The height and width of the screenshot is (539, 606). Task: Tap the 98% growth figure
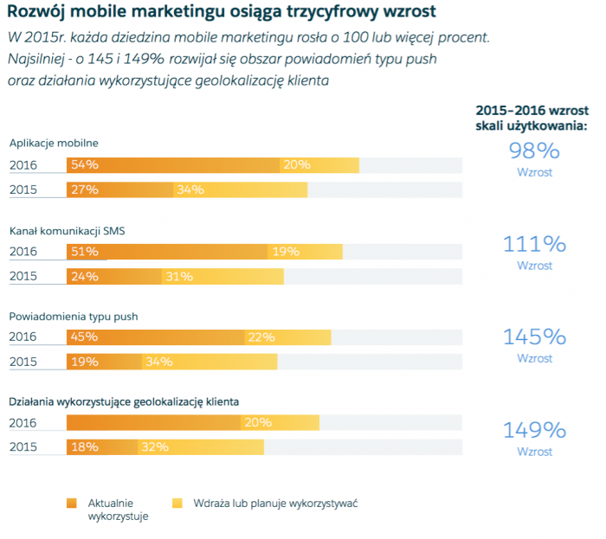pos(534,151)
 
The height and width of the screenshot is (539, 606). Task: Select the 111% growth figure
pos(534,244)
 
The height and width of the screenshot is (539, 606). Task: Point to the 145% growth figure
pos(534,337)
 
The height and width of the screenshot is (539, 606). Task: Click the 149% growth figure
pos(534,430)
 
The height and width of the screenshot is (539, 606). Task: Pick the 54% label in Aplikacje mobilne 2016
pos(85,164)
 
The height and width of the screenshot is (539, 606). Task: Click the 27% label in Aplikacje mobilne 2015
pos(85,189)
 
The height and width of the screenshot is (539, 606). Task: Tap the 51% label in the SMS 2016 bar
pos(85,252)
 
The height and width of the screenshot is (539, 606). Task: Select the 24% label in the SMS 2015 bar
pos(85,277)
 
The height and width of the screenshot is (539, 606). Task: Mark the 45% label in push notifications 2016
pos(85,337)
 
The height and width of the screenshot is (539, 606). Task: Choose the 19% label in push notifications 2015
pos(85,362)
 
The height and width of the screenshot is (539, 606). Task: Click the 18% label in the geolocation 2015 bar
pos(85,447)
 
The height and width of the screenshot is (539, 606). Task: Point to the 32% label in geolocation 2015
pos(154,447)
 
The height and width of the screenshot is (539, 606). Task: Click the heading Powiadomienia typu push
pos(74,317)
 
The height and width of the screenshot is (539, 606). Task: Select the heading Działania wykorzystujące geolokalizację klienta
pos(124,401)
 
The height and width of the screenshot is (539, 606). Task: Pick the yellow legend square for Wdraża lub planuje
pos(177,503)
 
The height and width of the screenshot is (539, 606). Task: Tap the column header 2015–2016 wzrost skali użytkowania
pos(532,119)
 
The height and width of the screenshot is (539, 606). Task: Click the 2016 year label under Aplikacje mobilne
pos(23,164)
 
